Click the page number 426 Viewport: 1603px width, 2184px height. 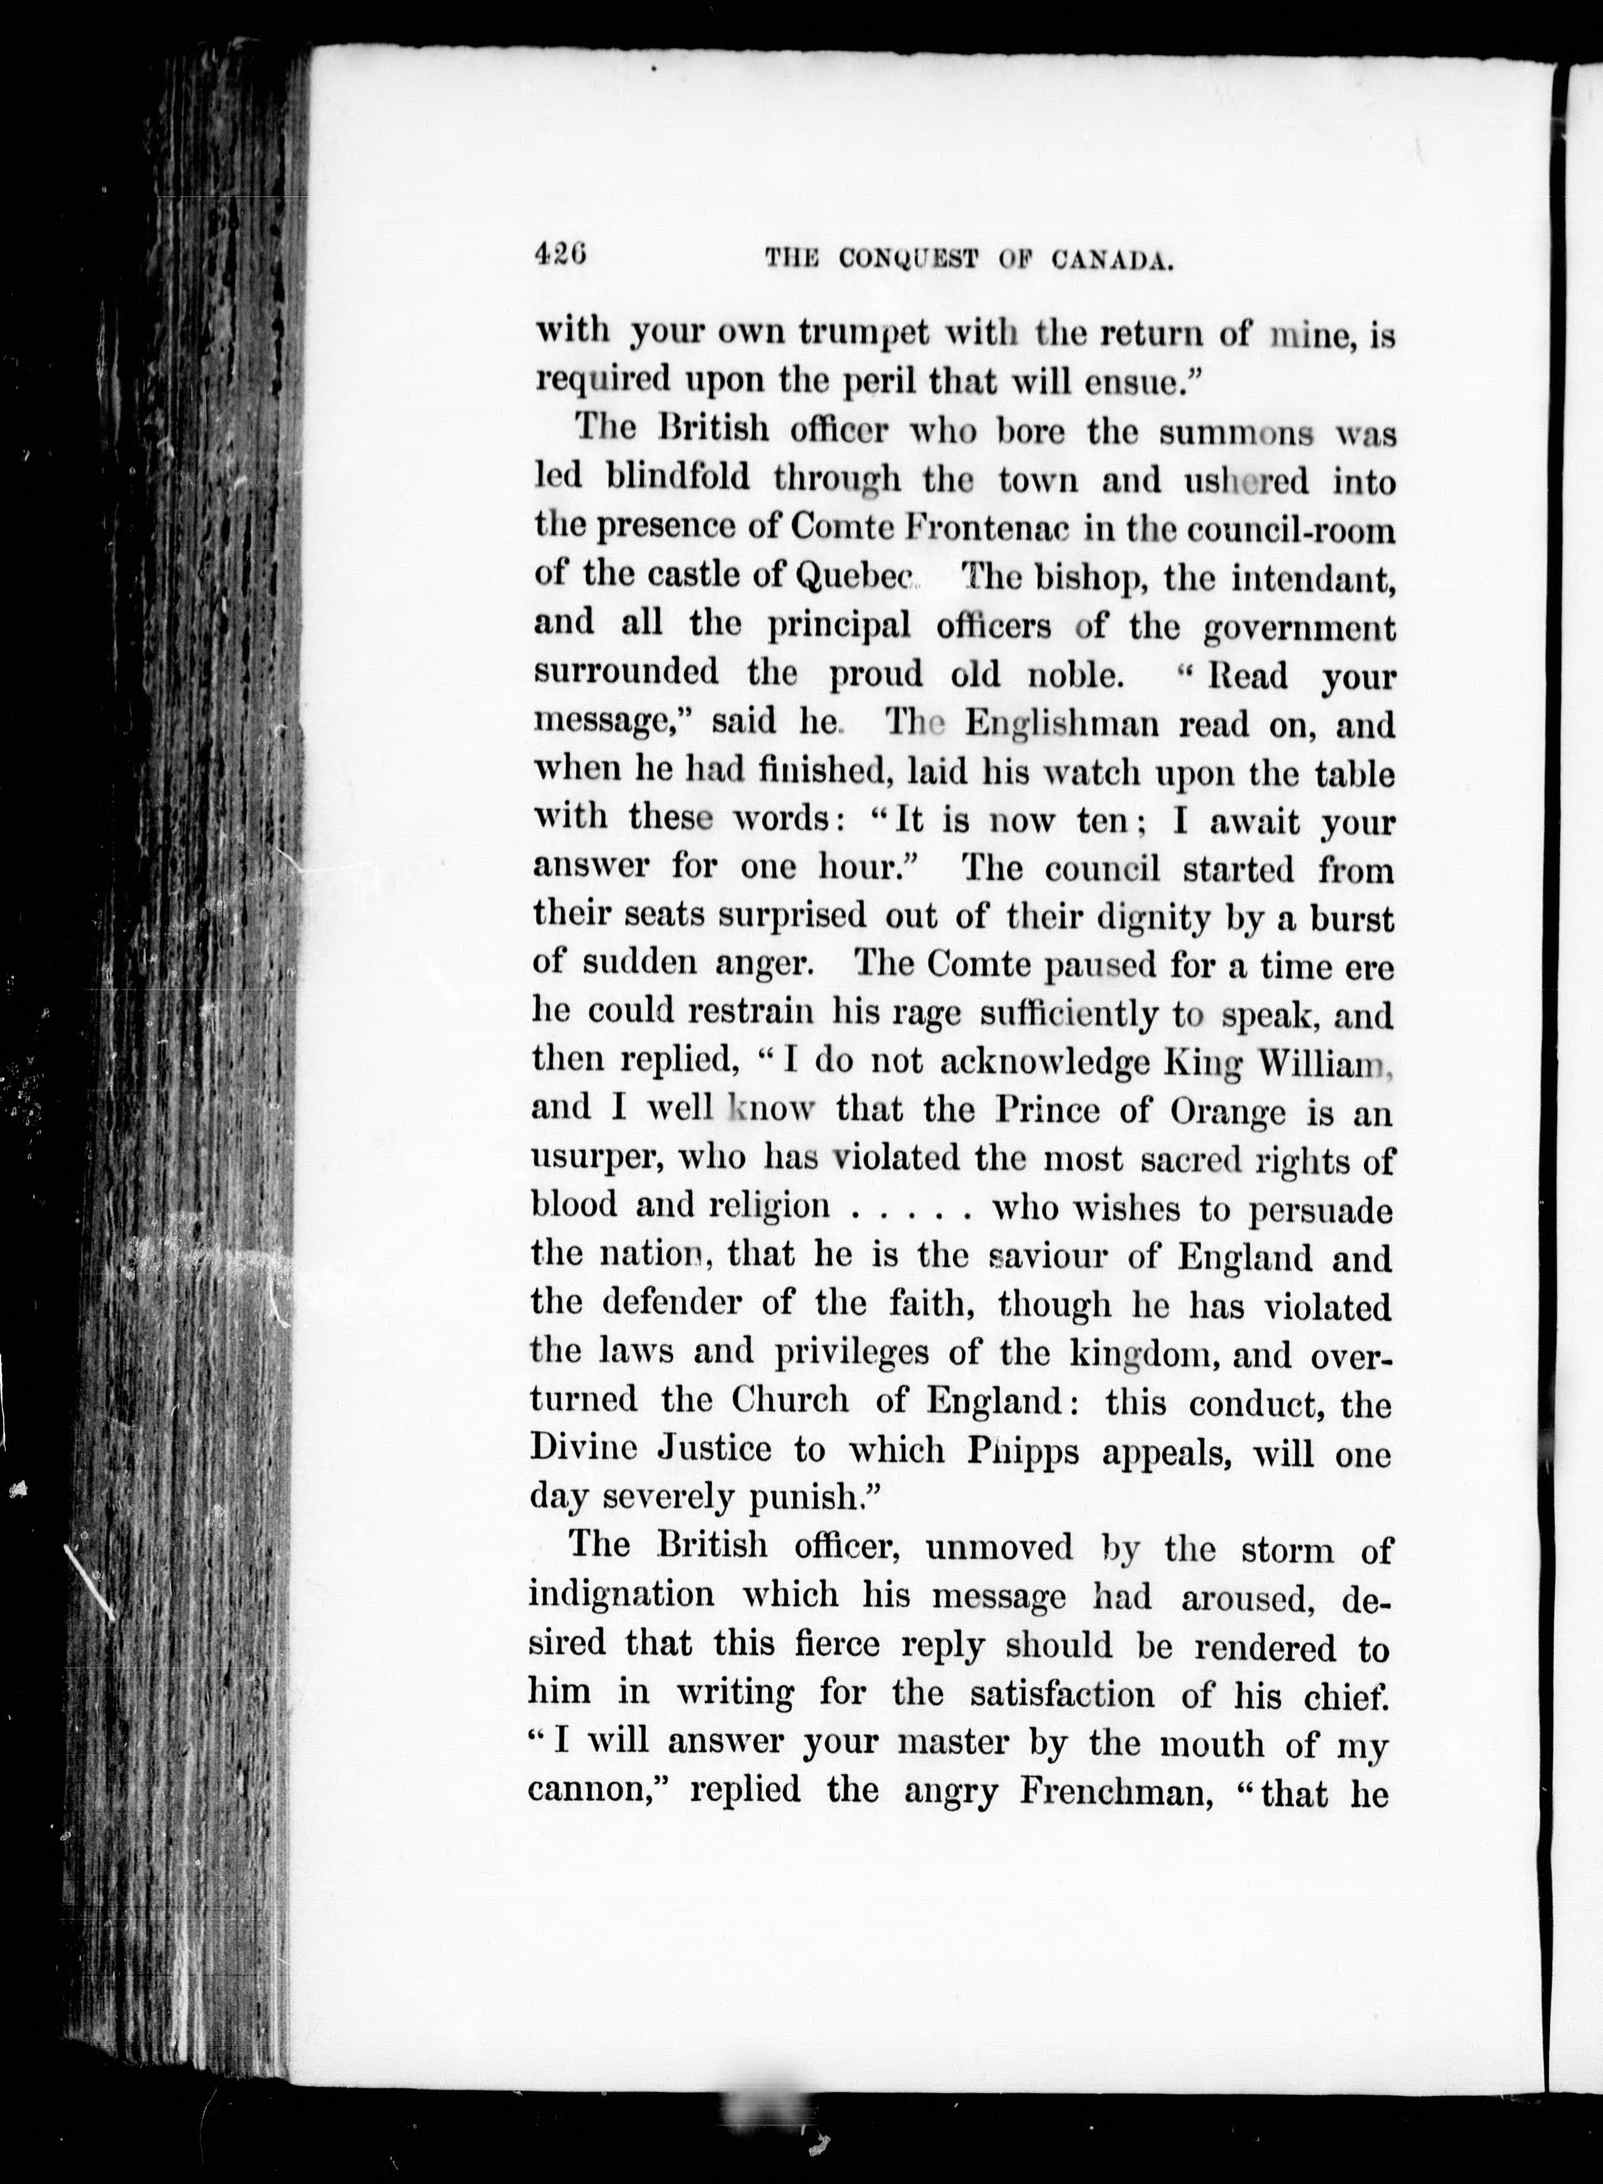(x=561, y=255)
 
